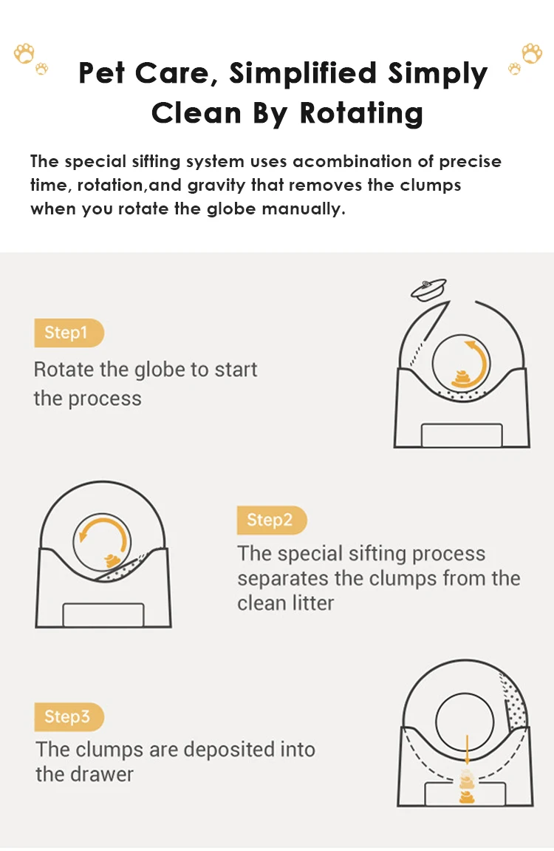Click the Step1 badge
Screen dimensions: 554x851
coord(69,333)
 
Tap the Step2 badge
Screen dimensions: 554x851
coord(272,520)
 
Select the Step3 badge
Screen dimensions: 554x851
coord(69,716)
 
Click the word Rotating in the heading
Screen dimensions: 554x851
coord(361,113)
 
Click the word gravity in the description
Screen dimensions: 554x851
coord(216,185)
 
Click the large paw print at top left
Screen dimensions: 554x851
coord(24,53)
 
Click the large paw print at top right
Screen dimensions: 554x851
coord(532,53)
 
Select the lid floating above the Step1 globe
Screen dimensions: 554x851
coord(428,289)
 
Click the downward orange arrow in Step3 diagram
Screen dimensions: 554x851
coord(467,752)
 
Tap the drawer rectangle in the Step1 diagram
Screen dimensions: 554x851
coord(462,435)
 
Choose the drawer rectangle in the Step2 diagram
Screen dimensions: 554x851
coord(103,615)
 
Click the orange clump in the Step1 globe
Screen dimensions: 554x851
coord(462,379)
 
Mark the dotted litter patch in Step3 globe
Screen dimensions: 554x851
coord(514,701)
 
